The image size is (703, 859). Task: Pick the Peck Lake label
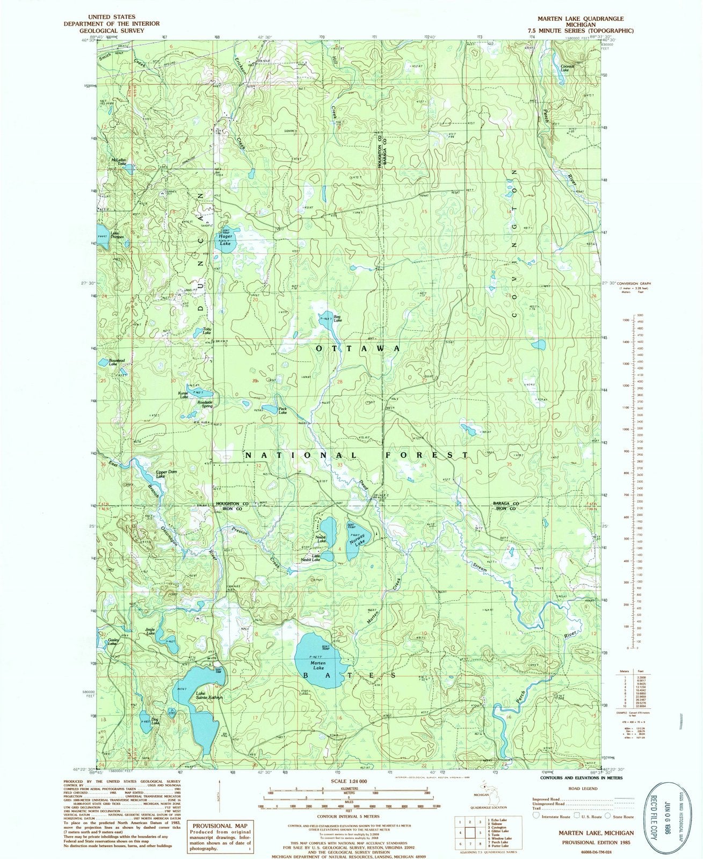282,410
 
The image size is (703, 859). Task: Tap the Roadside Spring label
205,404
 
